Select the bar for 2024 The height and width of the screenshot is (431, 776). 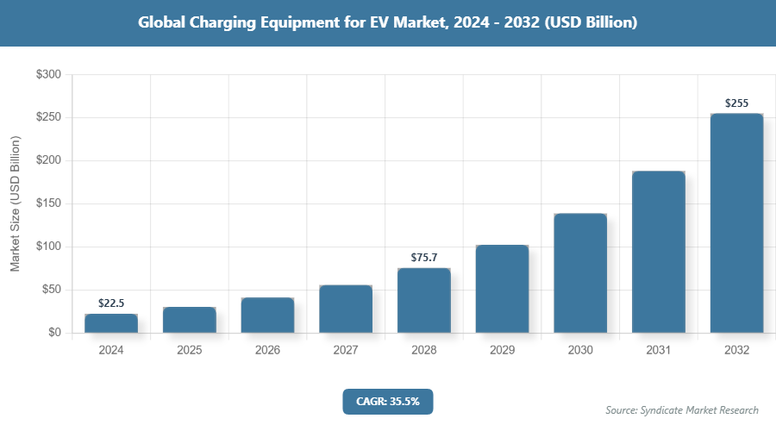pos(111,323)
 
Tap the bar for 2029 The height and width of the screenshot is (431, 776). pos(502,289)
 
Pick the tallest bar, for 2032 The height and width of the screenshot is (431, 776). pos(736,223)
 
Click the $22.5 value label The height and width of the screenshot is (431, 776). pos(111,303)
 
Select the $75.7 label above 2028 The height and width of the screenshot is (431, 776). pos(423,257)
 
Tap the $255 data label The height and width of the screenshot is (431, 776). pos(736,103)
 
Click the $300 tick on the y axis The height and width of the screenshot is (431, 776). pos(47,75)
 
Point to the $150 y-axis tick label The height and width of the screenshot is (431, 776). pos(47,203)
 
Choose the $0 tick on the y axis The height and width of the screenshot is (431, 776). pos(53,333)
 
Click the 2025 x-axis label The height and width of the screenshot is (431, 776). pos(189,351)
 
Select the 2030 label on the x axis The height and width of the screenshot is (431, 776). pos(580,351)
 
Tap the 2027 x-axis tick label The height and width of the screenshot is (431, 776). pos(346,351)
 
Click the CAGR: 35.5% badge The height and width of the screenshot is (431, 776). pos(387,401)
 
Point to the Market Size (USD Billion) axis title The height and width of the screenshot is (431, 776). pos(15,203)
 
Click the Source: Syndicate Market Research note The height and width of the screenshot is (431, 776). pos(682,409)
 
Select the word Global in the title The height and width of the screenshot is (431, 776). pos(161,22)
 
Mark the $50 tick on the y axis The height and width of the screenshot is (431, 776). pos(50,290)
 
